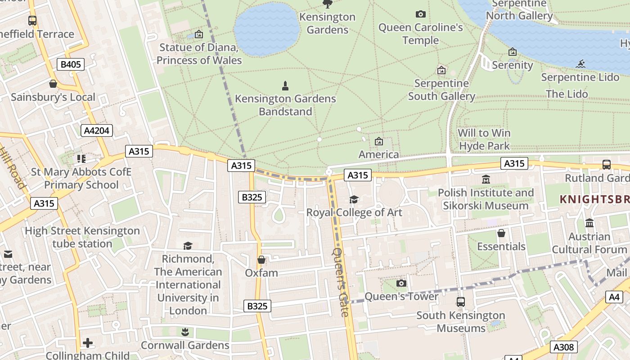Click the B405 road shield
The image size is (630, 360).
[x=71, y=64]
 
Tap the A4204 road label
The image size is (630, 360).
[x=97, y=130]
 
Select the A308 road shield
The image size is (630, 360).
[x=563, y=347]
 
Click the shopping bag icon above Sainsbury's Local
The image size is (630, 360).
[x=53, y=84]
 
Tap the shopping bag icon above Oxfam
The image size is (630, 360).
[x=261, y=260]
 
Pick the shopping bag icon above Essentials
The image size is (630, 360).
[x=501, y=233]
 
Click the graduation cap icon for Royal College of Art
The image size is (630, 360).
[x=354, y=199]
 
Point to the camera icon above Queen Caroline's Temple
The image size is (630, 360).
[x=421, y=14]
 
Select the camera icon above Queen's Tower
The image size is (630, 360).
[x=401, y=283]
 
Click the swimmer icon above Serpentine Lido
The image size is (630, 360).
[x=580, y=64]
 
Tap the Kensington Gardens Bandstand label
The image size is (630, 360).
[x=285, y=105]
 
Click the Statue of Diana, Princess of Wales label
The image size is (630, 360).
[x=199, y=54]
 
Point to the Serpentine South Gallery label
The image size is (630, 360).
[x=441, y=90]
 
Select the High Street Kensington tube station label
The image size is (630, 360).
[x=82, y=237]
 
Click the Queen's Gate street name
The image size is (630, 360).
[x=341, y=282]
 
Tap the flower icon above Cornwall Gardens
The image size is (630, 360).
[x=185, y=332]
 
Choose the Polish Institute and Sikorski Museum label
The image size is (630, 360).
[x=486, y=199]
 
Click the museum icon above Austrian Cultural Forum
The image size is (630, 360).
[x=589, y=223]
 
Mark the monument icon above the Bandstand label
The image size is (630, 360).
[x=285, y=85]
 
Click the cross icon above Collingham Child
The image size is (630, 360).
[x=88, y=343]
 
